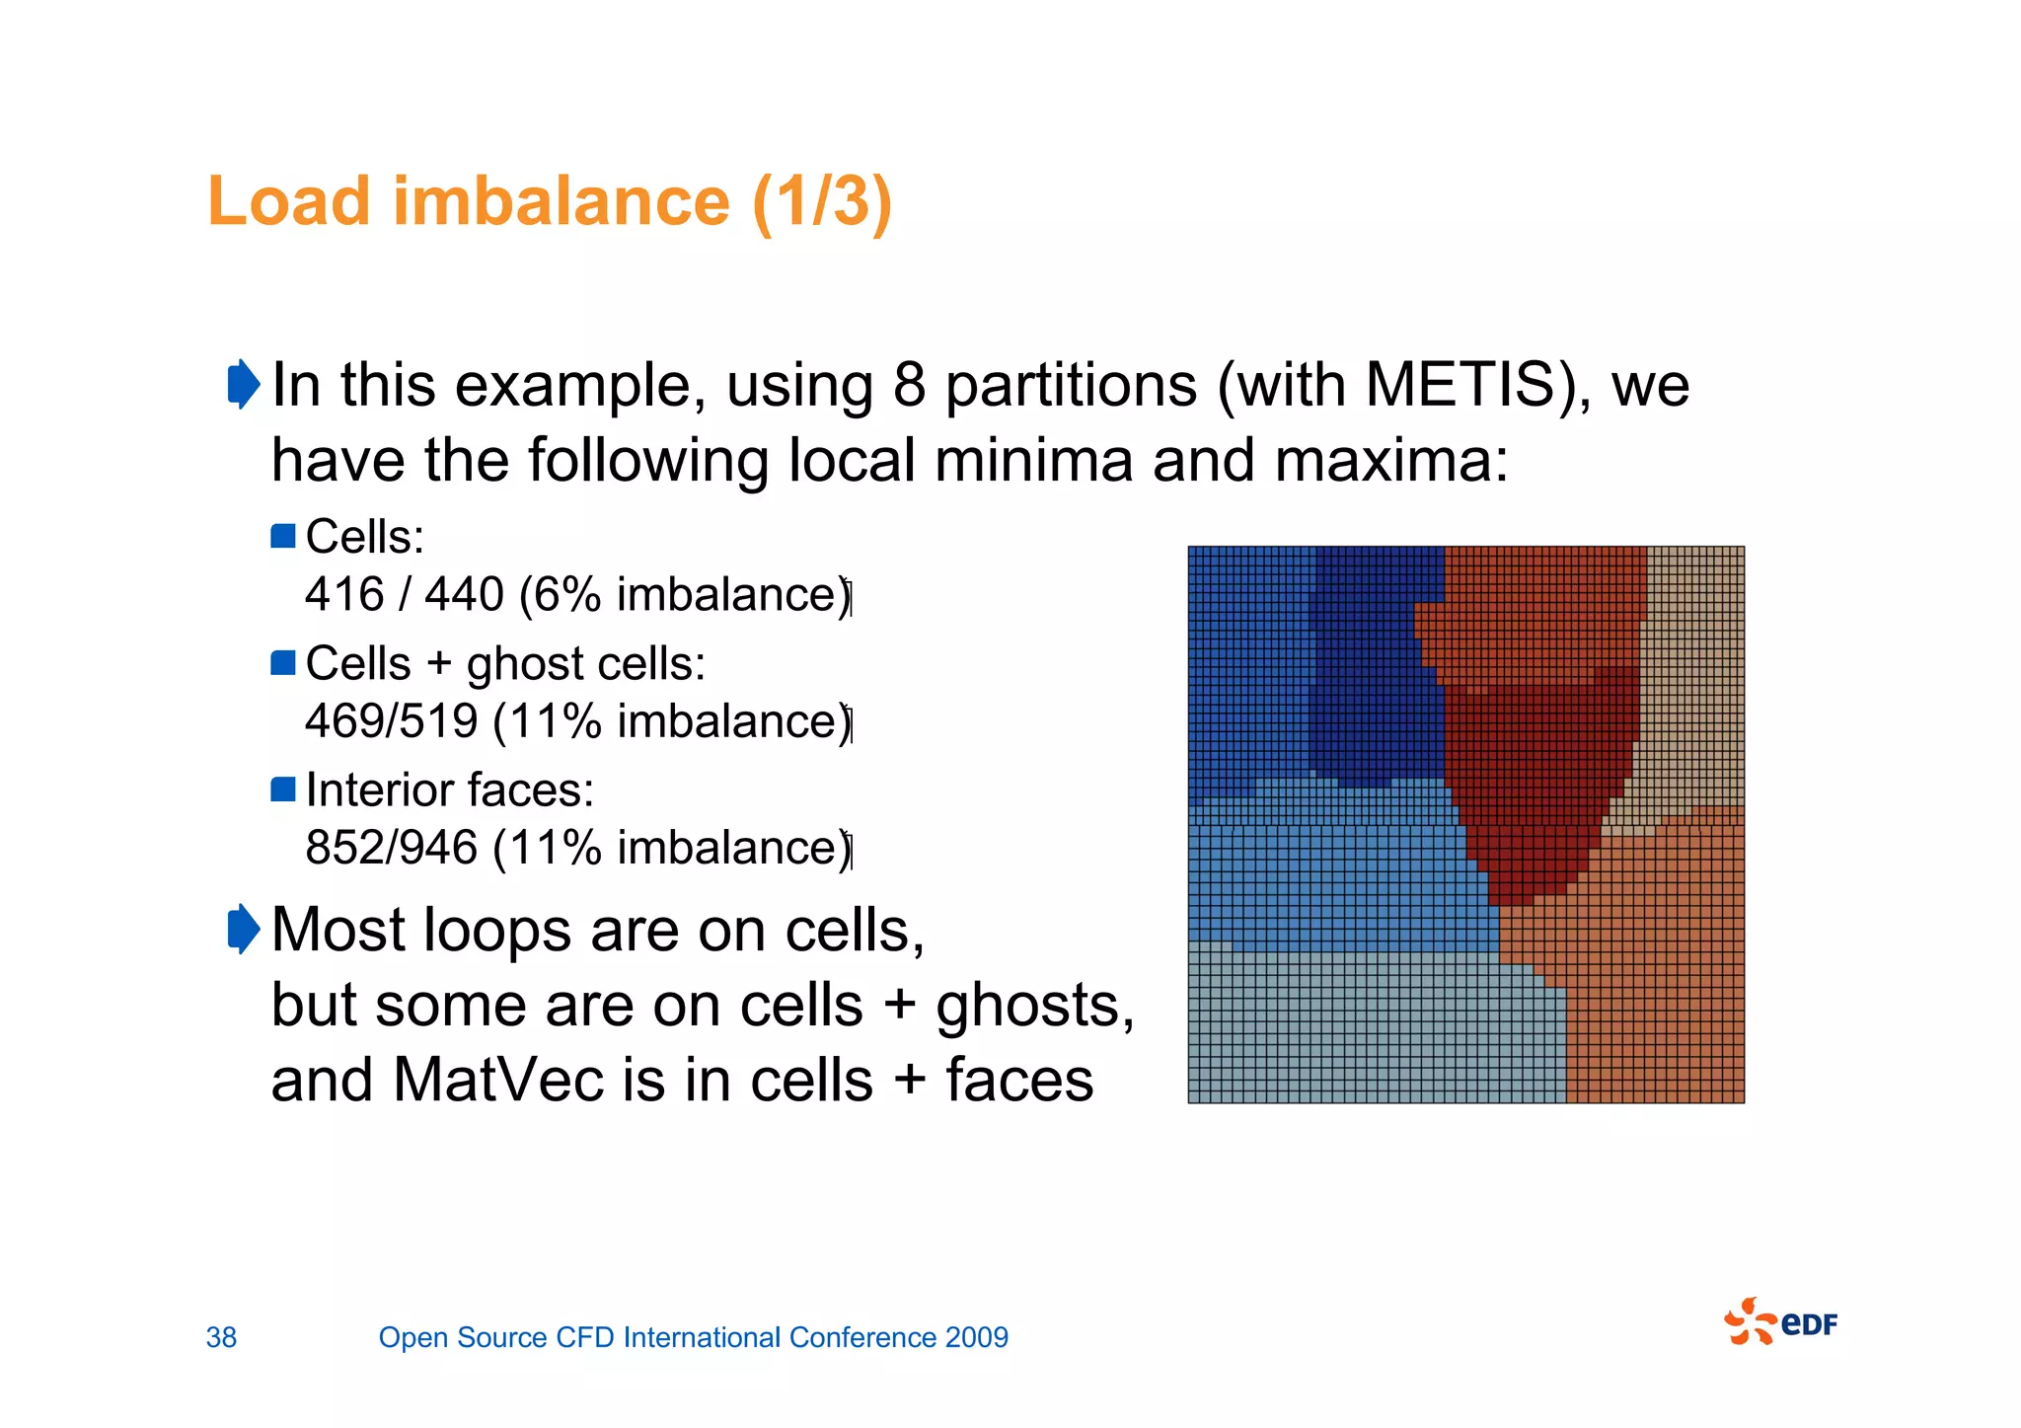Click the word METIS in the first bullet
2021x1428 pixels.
(x=1468, y=385)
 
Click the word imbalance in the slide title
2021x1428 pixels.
(x=561, y=202)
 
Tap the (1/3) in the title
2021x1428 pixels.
(x=821, y=202)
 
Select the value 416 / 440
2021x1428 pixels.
(x=405, y=595)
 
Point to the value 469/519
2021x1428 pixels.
(x=392, y=721)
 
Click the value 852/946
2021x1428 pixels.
(x=392, y=848)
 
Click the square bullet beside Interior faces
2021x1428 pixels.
(x=283, y=789)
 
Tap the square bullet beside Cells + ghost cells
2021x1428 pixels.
(x=283, y=663)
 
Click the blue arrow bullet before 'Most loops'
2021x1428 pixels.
(x=243, y=930)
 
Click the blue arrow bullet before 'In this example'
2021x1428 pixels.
(x=243, y=384)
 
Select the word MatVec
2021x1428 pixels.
(x=498, y=1080)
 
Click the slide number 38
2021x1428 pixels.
(x=221, y=1337)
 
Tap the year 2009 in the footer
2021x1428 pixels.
(x=976, y=1337)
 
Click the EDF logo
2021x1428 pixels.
(x=1781, y=1322)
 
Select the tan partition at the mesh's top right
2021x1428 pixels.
(x=1692, y=671)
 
